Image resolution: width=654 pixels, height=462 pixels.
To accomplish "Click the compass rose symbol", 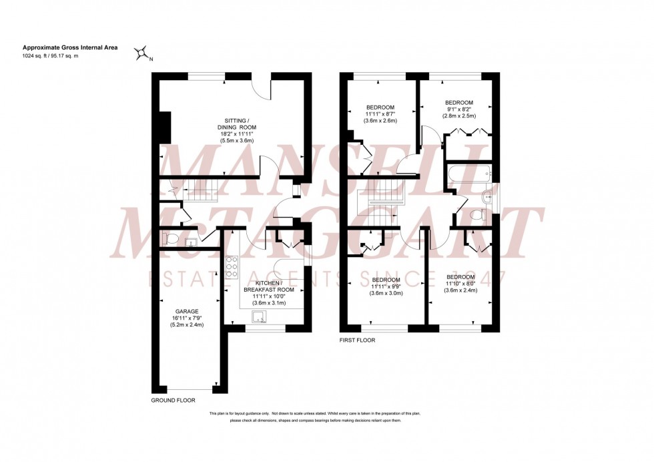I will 141,53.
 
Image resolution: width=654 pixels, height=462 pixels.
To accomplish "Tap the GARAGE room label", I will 187,310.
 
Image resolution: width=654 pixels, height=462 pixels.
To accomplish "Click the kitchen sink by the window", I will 258,316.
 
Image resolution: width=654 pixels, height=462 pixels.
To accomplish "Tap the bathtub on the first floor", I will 468,175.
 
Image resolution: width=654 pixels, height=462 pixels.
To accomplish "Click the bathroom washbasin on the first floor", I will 488,196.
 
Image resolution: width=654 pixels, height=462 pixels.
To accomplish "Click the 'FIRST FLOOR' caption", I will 357,340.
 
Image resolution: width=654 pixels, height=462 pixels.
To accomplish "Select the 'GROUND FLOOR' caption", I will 173,401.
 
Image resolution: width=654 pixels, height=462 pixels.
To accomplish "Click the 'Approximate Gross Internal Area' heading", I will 63,47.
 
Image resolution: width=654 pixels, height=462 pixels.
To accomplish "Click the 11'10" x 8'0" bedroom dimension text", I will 460,284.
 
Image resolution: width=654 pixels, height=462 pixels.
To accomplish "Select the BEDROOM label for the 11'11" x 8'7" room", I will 380,107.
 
